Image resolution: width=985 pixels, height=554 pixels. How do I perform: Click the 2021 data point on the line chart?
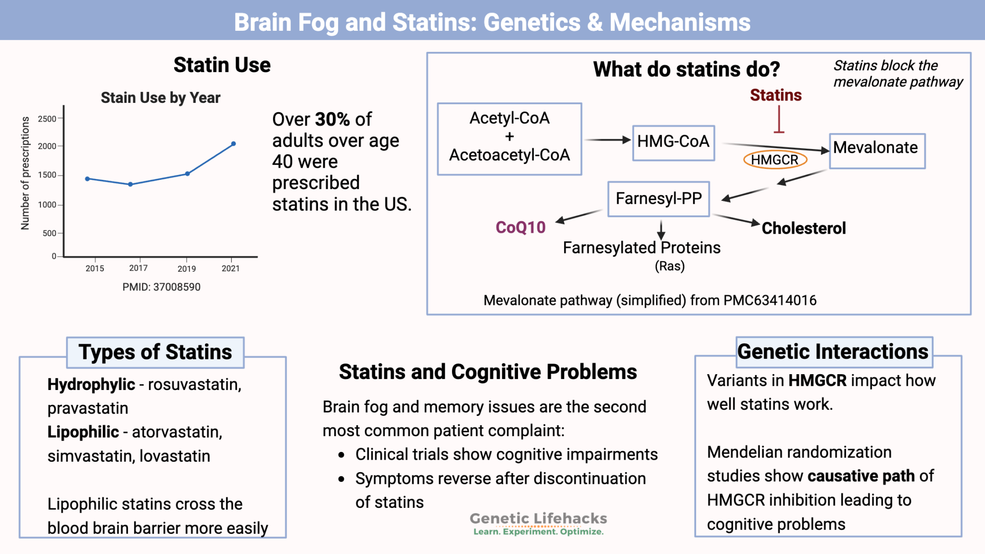tap(234, 144)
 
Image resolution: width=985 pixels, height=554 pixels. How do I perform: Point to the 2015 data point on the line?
tap(88, 179)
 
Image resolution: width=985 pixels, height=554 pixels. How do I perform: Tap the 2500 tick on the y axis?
tap(47, 119)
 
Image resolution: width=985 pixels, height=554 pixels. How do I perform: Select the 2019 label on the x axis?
tap(187, 269)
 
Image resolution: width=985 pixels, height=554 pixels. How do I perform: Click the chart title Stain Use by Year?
tap(160, 98)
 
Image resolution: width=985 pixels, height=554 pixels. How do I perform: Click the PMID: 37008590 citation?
tap(161, 287)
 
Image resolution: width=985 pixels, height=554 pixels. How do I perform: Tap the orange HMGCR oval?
tap(775, 160)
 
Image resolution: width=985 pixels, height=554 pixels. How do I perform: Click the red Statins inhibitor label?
tap(775, 95)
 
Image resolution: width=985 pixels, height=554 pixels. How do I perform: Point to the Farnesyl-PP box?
tap(658, 199)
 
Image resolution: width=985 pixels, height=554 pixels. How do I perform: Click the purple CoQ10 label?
tap(520, 227)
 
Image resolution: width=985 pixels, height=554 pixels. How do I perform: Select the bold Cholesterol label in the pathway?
tap(803, 228)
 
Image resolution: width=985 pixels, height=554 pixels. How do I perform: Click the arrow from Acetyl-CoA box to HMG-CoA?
tap(607, 140)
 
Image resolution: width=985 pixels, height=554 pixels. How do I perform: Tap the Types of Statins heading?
tap(155, 353)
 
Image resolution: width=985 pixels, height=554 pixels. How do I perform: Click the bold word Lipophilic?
tap(83, 432)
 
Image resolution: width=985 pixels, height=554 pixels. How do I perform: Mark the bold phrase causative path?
tap(861, 476)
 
